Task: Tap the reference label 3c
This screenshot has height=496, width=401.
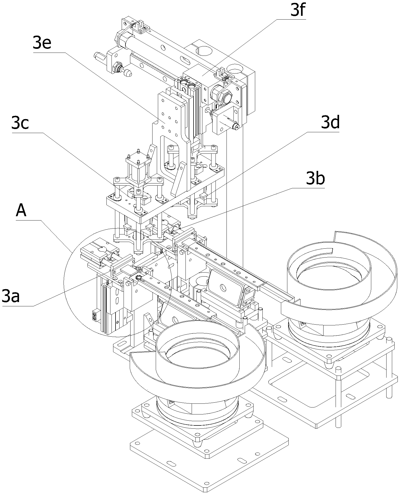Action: (20, 123)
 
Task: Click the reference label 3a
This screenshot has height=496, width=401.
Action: (11, 296)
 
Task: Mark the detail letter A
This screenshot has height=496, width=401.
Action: (21, 211)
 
